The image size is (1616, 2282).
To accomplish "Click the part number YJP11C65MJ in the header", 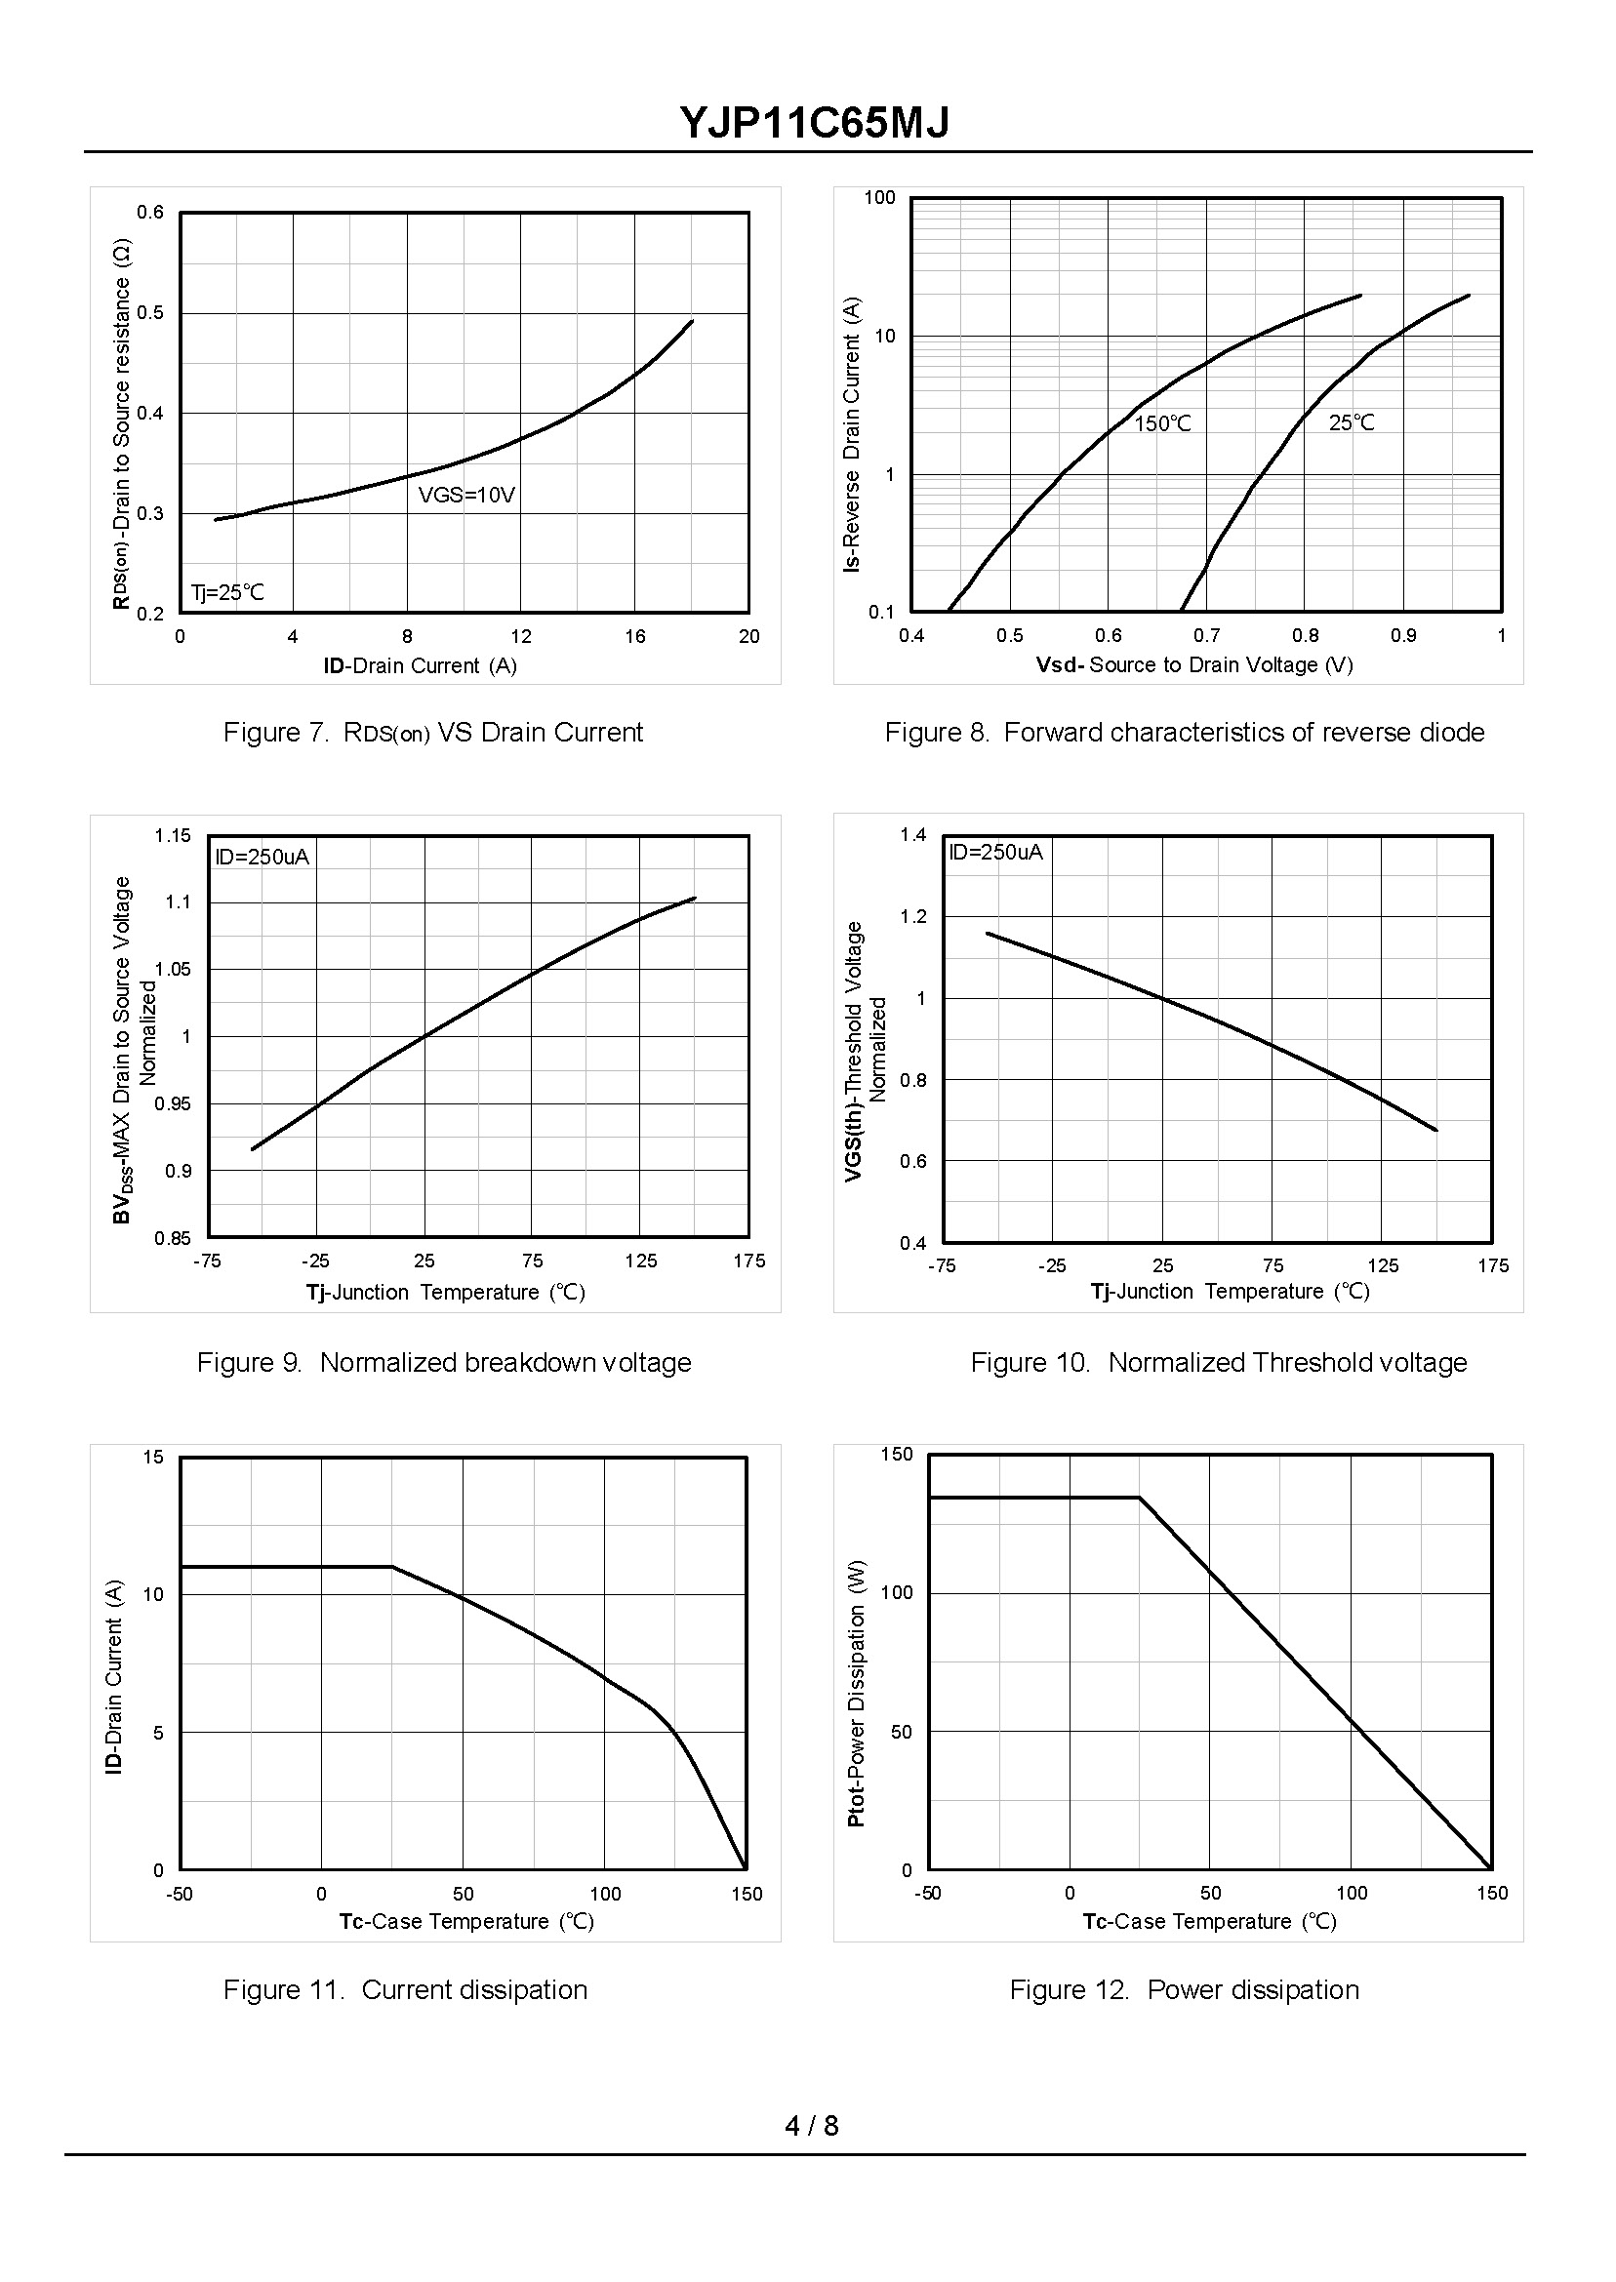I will (x=814, y=123).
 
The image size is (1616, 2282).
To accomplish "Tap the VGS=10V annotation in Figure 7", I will (x=465, y=495).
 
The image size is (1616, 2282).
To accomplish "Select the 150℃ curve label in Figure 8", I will (x=1162, y=423).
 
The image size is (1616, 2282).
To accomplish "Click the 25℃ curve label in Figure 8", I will (x=1352, y=422).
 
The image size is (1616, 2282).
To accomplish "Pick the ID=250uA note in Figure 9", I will (x=262, y=857).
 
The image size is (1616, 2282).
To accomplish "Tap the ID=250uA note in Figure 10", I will (x=995, y=852).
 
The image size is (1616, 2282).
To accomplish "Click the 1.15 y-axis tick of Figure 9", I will (x=172, y=835).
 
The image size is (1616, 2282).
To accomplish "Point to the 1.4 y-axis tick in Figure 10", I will (x=912, y=834).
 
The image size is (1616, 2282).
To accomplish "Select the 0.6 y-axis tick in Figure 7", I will (x=150, y=212).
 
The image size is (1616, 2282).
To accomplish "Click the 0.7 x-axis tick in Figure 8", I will (x=1206, y=635).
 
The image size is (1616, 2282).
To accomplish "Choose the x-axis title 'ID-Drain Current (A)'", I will (x=420, y=665).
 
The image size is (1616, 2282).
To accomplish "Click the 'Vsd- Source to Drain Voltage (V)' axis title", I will (x=1194, y=664).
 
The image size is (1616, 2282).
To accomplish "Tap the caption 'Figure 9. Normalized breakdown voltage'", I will (x=444, y=1362).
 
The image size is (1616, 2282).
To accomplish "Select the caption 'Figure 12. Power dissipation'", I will (x=1184, y=1989).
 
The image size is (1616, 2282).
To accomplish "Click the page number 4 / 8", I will (x=811, y=2126).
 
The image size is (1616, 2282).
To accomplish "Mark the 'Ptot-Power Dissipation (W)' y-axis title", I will (x=856, y=1693).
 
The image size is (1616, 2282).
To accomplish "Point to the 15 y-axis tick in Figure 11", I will (x=153, y=1458).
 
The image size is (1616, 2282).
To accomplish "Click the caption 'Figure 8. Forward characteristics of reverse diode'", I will (x=1184, y=732).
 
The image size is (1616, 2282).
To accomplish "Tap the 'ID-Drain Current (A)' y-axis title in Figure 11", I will (x=113, y=1675).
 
